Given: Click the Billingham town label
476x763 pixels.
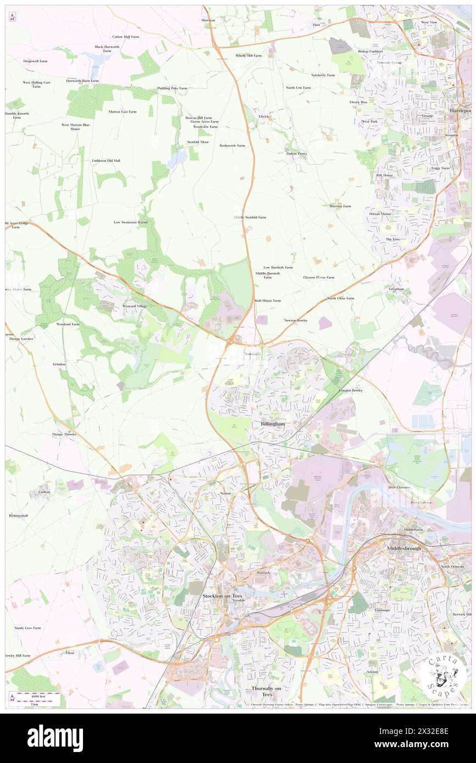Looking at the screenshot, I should pyautogui.click(x=272, y=424).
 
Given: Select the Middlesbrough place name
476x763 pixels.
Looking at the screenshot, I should pyautogui.click(x=404, y=548).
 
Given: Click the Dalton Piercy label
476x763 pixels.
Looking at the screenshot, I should pyautogui.click(x=296, y=154).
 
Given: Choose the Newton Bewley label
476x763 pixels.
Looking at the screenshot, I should pyautogui.click(x=296, y=320).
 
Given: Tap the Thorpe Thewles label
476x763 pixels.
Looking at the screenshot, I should pyautogui.click(x=65, y=434).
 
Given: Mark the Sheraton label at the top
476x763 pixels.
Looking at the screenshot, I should pyautogui.click(x=208, y=20).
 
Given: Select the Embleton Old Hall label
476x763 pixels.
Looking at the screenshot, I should pyautogui.click(x=106, y=160).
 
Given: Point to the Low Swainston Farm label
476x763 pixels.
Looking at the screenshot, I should pyautogui.click(x=131, y=222).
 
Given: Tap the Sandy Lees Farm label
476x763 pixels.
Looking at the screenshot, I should pyautogui.click(x=27, y=627).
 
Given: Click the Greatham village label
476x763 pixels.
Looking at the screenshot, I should pyautogui.click(x=396, y=289).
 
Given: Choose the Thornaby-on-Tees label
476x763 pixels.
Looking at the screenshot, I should pyautogui.click(x=266, y=690).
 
